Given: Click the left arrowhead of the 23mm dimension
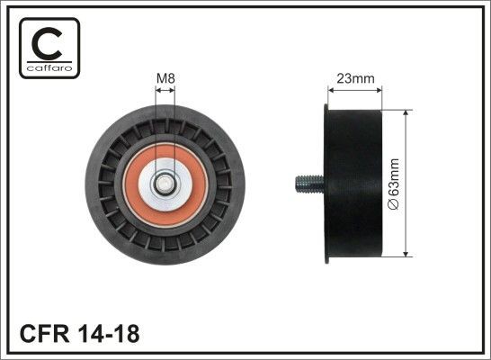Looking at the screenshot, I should click(328, 90).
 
